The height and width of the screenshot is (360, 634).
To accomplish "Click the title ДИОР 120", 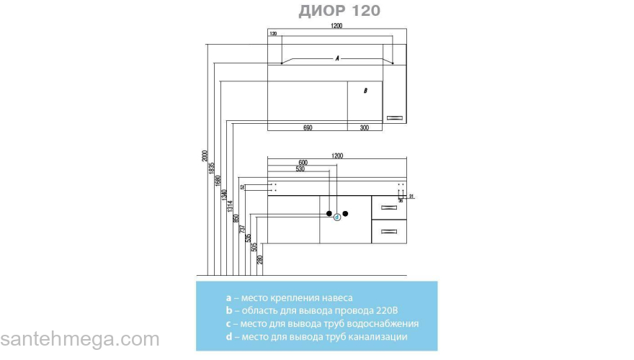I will pos(339,11).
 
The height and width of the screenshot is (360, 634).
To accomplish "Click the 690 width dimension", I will pos(308,127).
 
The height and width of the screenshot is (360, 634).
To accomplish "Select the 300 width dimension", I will pos(365,127).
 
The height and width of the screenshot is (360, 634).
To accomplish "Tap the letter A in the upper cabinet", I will pos(336,58).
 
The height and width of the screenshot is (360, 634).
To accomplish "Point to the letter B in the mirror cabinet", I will pos(366,91).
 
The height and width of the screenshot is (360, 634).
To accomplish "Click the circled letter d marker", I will pos(336,217).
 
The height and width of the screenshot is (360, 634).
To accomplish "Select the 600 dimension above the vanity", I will pos(303,163).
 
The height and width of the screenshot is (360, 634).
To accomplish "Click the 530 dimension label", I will pos(299,169).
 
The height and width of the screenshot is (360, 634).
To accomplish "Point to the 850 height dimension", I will pos(236,219).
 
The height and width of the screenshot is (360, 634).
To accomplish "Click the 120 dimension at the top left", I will pos(273,34).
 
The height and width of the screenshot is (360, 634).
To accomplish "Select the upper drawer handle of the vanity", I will pos(389,207).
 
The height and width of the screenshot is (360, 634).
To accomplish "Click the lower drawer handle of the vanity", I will pos(389,231).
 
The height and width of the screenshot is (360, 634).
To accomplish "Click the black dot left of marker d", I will pos(329,214).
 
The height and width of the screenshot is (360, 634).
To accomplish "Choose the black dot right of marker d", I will pos(345,214).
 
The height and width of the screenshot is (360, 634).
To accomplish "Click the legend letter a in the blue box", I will pos(228,297).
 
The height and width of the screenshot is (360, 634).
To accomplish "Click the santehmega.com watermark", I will pos(79,339).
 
